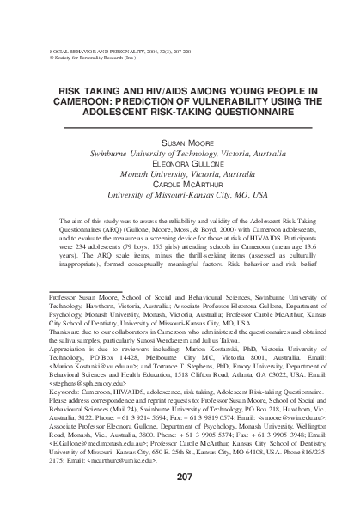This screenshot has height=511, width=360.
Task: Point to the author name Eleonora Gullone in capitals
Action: pyautogui.click(x=180, y=161)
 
